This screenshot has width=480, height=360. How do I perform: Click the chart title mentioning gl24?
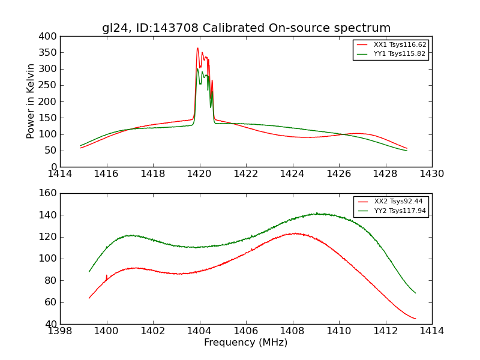(x=246, y=28)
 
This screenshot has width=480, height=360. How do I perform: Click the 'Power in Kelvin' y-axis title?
(x=31, y=101)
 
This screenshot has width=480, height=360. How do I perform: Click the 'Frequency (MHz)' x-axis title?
(x=245, y=343)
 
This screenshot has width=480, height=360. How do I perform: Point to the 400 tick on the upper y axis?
(x=50, y=37)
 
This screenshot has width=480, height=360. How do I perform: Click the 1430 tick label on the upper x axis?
(x=431, y=174)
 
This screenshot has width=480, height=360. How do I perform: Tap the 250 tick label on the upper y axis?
(x=50, y=85)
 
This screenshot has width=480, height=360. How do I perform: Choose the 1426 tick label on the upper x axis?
(x=338, y=174)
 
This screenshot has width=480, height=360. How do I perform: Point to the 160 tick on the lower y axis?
(x=50, y=193)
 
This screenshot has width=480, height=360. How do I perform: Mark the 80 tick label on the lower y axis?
(x=53, y=280)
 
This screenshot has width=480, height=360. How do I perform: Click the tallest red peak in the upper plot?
(x=197, y=49)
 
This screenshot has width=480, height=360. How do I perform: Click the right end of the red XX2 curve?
(x=415, y=319)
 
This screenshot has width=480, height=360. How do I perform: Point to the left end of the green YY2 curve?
(x=89, y=272)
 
